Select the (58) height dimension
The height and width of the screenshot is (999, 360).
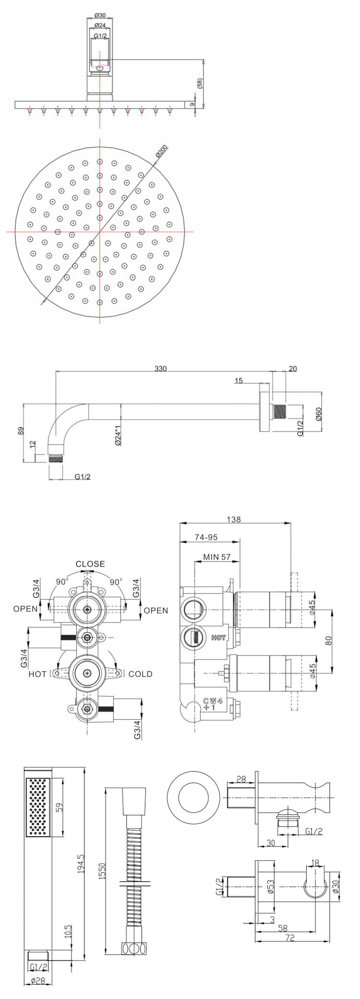[199, 83]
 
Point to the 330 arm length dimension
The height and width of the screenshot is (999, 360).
[161, 369]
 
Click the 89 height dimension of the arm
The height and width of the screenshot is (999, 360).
[20, 430]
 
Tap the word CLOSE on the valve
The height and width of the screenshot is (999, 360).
[90, 564]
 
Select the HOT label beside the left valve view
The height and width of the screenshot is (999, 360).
[38, 674]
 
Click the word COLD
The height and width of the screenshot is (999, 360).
[141, 674]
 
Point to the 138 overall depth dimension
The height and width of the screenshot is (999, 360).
[234, 519]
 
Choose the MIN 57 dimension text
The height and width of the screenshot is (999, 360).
[217, 557]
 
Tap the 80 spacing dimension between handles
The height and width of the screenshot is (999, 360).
[328, 640]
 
